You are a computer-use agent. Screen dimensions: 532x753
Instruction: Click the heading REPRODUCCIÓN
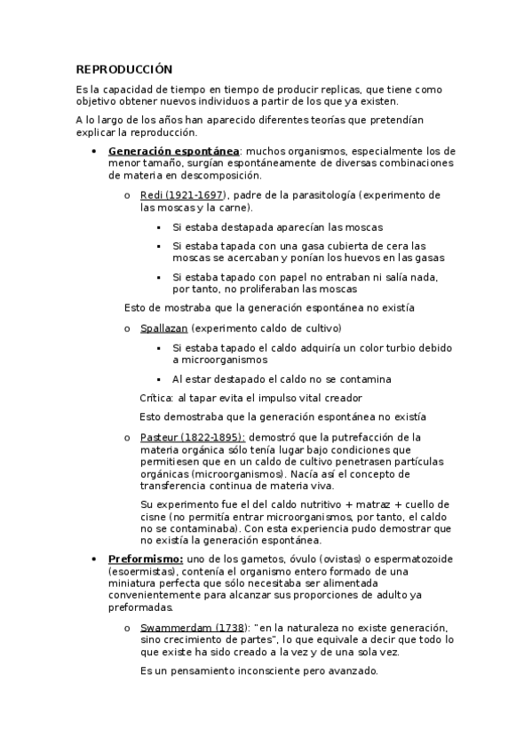123,69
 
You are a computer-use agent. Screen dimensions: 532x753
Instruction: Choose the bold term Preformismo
146,558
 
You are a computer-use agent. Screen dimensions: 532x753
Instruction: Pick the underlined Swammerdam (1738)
184,627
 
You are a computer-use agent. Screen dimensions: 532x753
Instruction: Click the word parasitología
301,195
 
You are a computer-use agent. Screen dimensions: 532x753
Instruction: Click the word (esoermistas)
142,571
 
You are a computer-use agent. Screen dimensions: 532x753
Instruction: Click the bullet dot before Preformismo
95,559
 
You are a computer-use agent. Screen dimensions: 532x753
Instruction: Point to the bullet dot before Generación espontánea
95,152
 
